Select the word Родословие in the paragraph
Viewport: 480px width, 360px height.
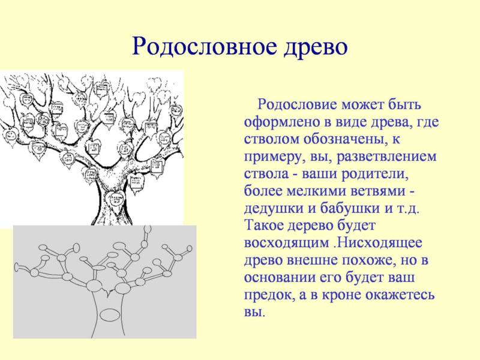[x=297, y=105]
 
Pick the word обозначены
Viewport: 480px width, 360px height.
[x=342, y=140]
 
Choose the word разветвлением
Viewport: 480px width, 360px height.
[x=387, y=157]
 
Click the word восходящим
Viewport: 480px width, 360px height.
[x=286, y=244]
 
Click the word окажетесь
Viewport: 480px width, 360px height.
[x=400, y=295]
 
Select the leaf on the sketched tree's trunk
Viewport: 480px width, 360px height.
[x=115, y=201]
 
